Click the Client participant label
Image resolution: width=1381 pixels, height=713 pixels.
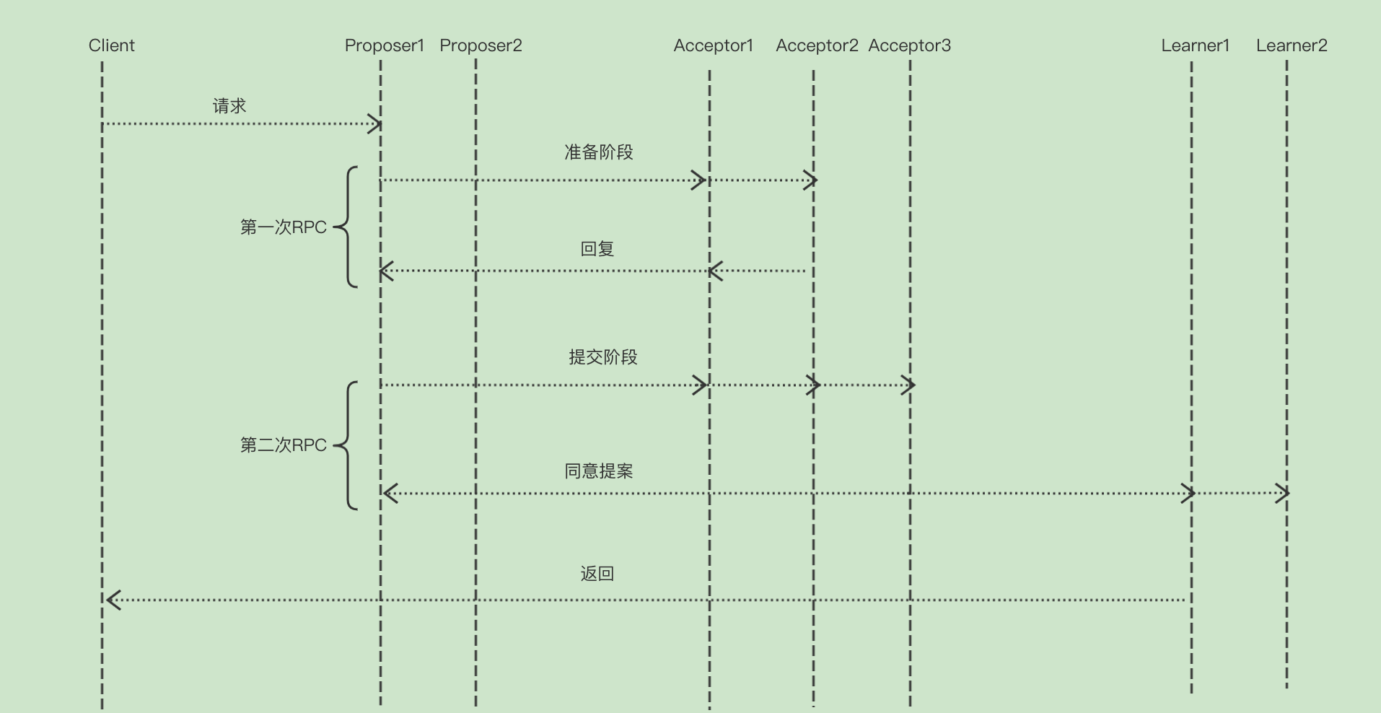[x=111, y=45]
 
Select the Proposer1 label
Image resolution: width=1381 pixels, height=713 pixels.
[x=384, y=45]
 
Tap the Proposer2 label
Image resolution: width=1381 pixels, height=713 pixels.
[x=481, y=45]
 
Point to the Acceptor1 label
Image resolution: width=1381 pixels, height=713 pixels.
[x=713, y=45]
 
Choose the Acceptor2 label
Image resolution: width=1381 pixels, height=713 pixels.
[x=817, y=45]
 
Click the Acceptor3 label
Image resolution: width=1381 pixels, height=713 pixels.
[x=909, y=45]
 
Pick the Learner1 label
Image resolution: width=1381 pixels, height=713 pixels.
[x=1195, y=45]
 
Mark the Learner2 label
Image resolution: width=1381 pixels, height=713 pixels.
[x=1292, y=45]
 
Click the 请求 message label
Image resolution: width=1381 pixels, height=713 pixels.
[x=229, y=106]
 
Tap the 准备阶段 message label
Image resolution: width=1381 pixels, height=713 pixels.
[x=598, y=152]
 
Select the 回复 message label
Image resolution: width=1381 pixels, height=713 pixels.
[x=597, y=249]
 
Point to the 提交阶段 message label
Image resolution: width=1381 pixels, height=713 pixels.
[x=602, y=357]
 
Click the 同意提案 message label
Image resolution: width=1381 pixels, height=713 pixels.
[x=598, y=471]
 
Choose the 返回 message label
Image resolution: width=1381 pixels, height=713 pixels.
[x=597, y=574]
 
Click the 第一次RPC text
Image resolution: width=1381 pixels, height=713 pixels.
[x=283, y=227]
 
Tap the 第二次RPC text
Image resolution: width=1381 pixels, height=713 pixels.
[x=283, y=445]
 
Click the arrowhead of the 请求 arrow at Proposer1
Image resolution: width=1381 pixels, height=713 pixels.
[x=375, y=124]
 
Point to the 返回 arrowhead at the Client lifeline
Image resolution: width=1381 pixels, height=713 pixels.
[x=113, y=600]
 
